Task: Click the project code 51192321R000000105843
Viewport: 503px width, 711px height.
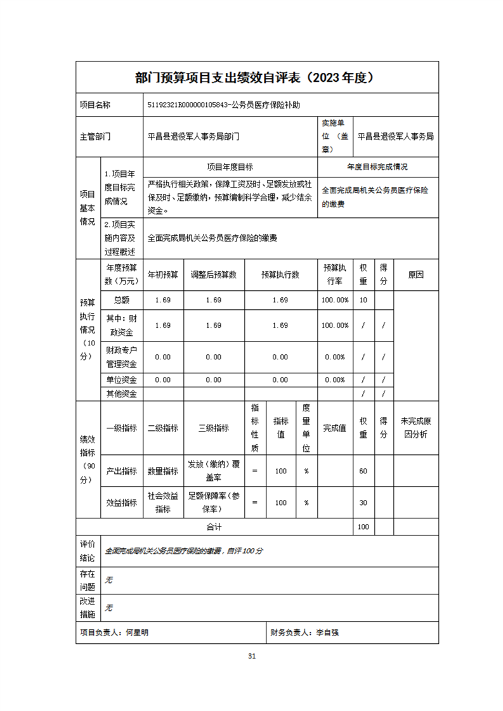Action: click(x=187, y=105)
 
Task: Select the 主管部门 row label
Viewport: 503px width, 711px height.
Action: click(x=95, y=136)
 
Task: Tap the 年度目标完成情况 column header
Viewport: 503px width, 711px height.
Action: click(x=377, y=167)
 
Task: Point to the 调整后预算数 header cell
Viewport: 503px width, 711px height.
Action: click(x=214, y=275)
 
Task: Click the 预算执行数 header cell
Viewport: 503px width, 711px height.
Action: click(x=280, y=275)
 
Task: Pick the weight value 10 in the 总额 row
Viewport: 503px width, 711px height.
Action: click(x=363, y=300)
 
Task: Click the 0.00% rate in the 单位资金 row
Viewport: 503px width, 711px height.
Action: click(x=334, y=380)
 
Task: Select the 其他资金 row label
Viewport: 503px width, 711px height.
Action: click(x=121, y=394)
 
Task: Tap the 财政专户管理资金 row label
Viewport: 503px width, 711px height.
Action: click(x=121, y=357)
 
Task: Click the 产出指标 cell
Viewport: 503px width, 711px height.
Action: click(x=121, y=471)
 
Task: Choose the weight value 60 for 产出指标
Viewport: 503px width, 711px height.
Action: click(x=363, y=471)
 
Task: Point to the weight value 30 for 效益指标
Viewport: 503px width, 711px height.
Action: click(x=363, y=503)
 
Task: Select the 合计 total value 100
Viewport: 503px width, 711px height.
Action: click(x=363, y=527)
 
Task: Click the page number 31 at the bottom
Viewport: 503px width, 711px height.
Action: click(x=252, y=656)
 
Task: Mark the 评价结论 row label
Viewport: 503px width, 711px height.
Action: click(x=88, y=551)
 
